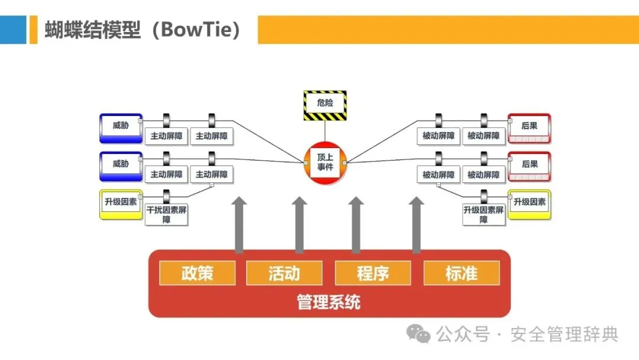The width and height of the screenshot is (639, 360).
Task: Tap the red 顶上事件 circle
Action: tap(325, 162)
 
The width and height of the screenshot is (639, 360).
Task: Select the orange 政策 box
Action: tap(197, 273)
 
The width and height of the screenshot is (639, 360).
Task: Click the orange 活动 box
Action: tap(284, 273)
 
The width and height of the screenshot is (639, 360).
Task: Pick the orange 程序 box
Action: tap(373, 273)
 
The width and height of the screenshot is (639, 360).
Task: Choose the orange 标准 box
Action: tap(461, 273)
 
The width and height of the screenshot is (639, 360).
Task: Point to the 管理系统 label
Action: tap(328, 303)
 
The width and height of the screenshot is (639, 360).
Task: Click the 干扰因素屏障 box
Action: tap(166, 214)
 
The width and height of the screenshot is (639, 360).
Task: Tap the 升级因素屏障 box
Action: tap(483, 214)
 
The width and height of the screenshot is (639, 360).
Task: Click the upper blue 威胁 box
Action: tap(121, 127)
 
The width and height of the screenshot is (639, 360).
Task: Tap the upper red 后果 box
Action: tap(529, 127)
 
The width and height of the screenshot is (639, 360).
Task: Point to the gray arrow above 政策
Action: tap(239, 225)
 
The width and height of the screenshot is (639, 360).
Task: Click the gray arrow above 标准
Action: tap(417, 225)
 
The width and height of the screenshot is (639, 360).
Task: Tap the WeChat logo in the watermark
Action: tap(421, 335)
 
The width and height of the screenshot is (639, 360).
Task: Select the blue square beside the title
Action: tap(13, 30)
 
